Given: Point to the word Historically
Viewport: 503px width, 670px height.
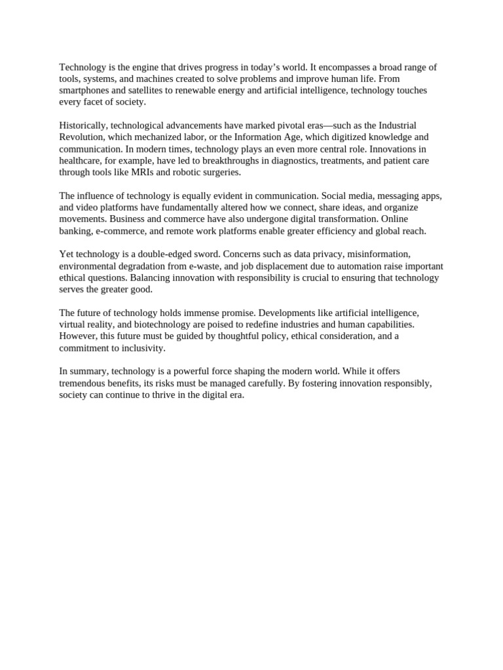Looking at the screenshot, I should pyautogui.click(x=83, y=126).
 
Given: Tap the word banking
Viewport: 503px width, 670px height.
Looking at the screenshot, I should pyautogui.click(x=74, y=231).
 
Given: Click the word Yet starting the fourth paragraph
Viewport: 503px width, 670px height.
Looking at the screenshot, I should pyautogui.click(x=67, y=254).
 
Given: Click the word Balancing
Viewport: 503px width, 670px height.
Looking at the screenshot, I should pyautogui.click(x=150, y=277).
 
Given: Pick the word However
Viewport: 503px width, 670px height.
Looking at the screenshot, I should pyautogui.click(x=78, y=336).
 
